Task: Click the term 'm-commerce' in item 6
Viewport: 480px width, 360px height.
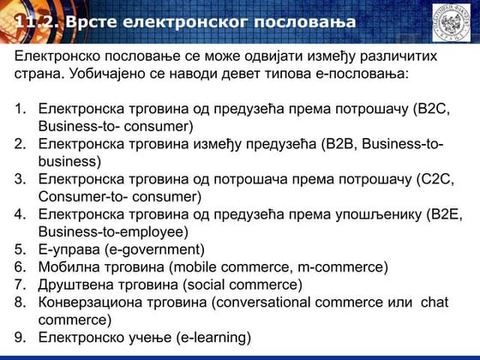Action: coord(344,267)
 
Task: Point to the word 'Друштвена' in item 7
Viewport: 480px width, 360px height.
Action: coord(79,284)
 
